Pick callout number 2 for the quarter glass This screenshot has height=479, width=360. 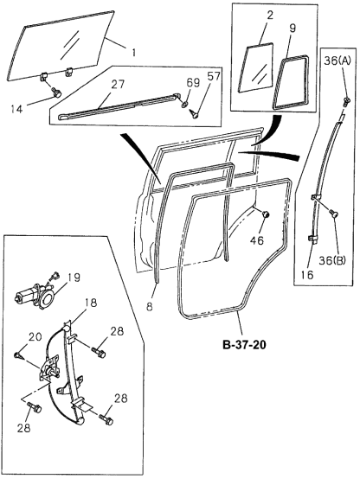[x=246, y=16]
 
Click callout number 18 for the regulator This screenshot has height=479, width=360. [x=90, y=303]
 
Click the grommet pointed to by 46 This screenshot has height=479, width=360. [x=265, y=214]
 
